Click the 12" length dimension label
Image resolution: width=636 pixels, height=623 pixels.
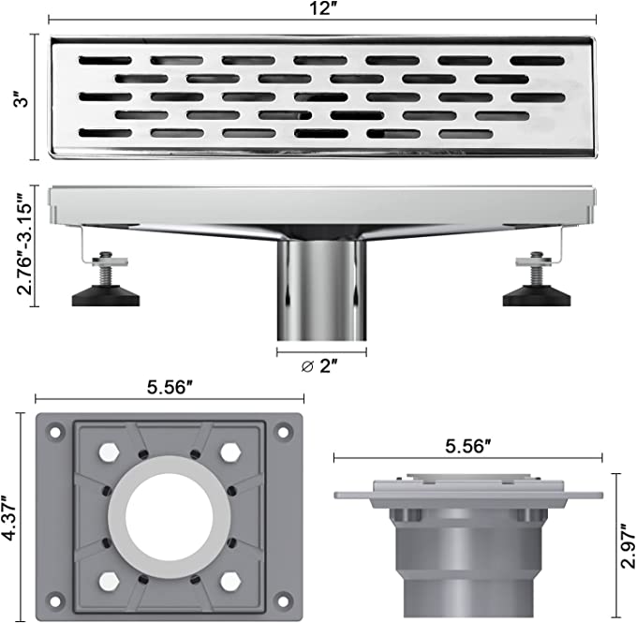pos(321,8)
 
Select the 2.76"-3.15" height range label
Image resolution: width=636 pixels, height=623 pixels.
pos(24,244)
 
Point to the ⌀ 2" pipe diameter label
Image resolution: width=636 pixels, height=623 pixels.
pos(319,366)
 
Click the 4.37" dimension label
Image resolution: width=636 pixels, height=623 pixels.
pos(9,518)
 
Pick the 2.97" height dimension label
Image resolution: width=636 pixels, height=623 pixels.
pos(627,545)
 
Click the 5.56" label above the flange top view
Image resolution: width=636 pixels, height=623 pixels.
pos(170,387)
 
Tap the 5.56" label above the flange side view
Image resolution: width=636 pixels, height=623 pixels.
pos(467,447)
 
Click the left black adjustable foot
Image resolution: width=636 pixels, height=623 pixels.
pos(106,296)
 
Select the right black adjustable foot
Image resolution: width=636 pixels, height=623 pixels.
pos(537,296)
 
